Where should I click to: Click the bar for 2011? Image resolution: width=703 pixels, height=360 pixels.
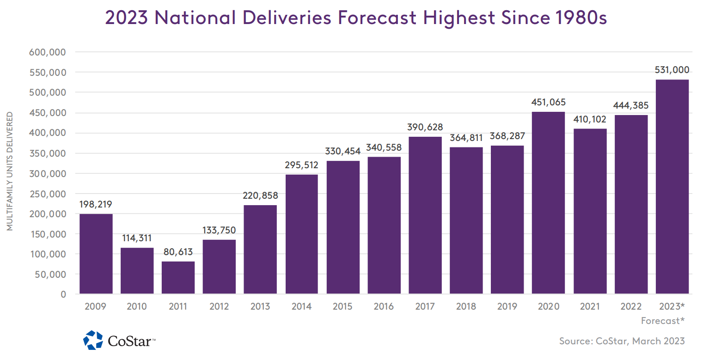[178, 277]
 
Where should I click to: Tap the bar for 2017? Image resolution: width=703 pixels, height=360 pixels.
[425, 215]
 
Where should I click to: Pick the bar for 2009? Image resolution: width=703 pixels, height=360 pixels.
[96, 253]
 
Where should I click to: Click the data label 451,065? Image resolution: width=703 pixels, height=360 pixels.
[548, 102]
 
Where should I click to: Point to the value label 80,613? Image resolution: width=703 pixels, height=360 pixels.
[178, 252]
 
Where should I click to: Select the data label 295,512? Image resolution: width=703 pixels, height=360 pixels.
[301, 165]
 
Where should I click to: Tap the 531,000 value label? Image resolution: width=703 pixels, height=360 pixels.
[672, 70]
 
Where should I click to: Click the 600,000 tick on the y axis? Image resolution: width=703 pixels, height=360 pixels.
[48, 52]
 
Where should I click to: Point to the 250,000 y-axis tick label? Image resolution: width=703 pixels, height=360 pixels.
[48, 194]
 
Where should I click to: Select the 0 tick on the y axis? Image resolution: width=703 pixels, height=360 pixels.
[63, 294]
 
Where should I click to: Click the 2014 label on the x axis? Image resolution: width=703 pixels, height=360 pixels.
[301, 306]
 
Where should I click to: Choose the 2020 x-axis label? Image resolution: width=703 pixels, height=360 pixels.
[548, 306]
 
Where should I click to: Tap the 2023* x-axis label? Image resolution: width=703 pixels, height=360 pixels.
[671, 306]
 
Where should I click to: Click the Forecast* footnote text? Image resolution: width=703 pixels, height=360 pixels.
[663, 320]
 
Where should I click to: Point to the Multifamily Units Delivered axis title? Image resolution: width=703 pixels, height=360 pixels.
[10, 171]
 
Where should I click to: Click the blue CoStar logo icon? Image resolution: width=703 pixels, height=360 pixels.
[93, 340]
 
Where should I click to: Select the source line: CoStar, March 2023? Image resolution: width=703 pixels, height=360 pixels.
[622, 341]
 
